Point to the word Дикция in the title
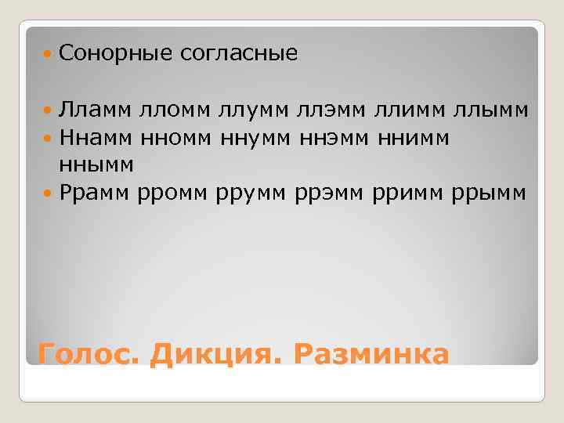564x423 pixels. coord(216,353)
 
